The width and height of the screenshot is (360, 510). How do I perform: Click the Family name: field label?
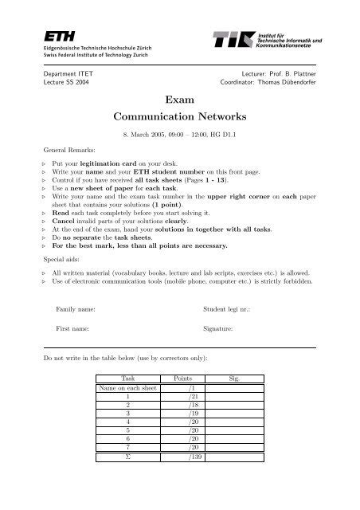76,308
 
